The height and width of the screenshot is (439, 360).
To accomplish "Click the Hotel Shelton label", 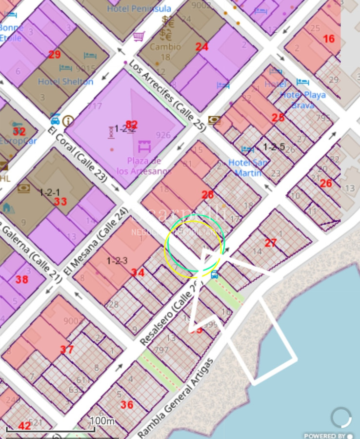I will click(x=65, y=82).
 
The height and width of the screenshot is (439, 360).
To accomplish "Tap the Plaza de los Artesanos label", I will click(x=144, y=166).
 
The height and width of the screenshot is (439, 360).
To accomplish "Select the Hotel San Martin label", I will click(x=248, y=167).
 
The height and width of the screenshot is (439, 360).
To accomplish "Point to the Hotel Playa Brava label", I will click(x=302, y=100).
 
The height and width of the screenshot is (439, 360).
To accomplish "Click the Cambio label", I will click(x=165, y=47).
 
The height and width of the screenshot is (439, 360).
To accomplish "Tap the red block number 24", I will click(x=202, y=47).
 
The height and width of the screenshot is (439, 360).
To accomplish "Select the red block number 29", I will click(x=54, y=55).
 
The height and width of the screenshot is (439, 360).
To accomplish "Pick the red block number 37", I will click(x=67, y=350).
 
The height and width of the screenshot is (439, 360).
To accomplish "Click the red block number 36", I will click(x=127, y=404).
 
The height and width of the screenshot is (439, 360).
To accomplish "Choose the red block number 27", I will click(x=271, y=243).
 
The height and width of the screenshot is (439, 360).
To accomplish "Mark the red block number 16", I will click(x=329, y=39).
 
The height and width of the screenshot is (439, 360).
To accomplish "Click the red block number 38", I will click(x=21, y=280).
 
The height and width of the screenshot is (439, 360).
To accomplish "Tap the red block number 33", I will click(x=60, y=202).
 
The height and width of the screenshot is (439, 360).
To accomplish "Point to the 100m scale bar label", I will click(x=102, y=420).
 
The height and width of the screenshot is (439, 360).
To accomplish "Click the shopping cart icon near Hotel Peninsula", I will click(x=139, y=36).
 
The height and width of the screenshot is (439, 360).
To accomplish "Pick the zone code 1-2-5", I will click(x=274, y=146).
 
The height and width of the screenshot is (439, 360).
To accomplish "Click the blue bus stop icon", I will click(x=214, y=274).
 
